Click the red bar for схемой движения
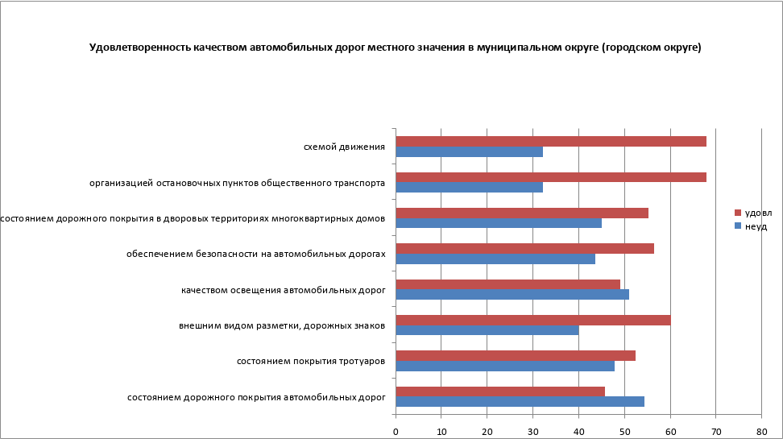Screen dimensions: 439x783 pos(551,142)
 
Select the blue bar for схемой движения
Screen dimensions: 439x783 pos(469,151)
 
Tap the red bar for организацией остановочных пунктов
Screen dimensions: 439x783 pos(551,177)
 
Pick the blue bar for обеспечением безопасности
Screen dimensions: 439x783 pos(495,259)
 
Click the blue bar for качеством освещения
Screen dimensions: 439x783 pos(512,294)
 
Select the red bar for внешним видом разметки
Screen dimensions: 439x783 pos(533,320)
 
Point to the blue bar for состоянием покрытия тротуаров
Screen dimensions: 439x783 pos(505,366)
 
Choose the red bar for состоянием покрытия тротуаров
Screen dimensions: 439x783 pos(516,355)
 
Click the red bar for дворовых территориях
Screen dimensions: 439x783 pos(522,213)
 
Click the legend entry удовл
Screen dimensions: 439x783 pos(756,213)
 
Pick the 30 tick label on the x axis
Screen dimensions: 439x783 pos(532,432)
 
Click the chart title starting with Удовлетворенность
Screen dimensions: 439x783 pos(395,48)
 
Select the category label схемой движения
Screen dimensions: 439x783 pos(344,147)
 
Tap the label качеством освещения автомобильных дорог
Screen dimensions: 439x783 pos(284,289)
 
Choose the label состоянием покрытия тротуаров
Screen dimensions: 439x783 pos(310,361)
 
